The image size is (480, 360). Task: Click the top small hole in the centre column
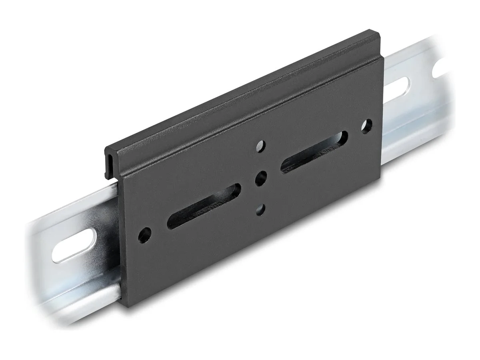[261, 145]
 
